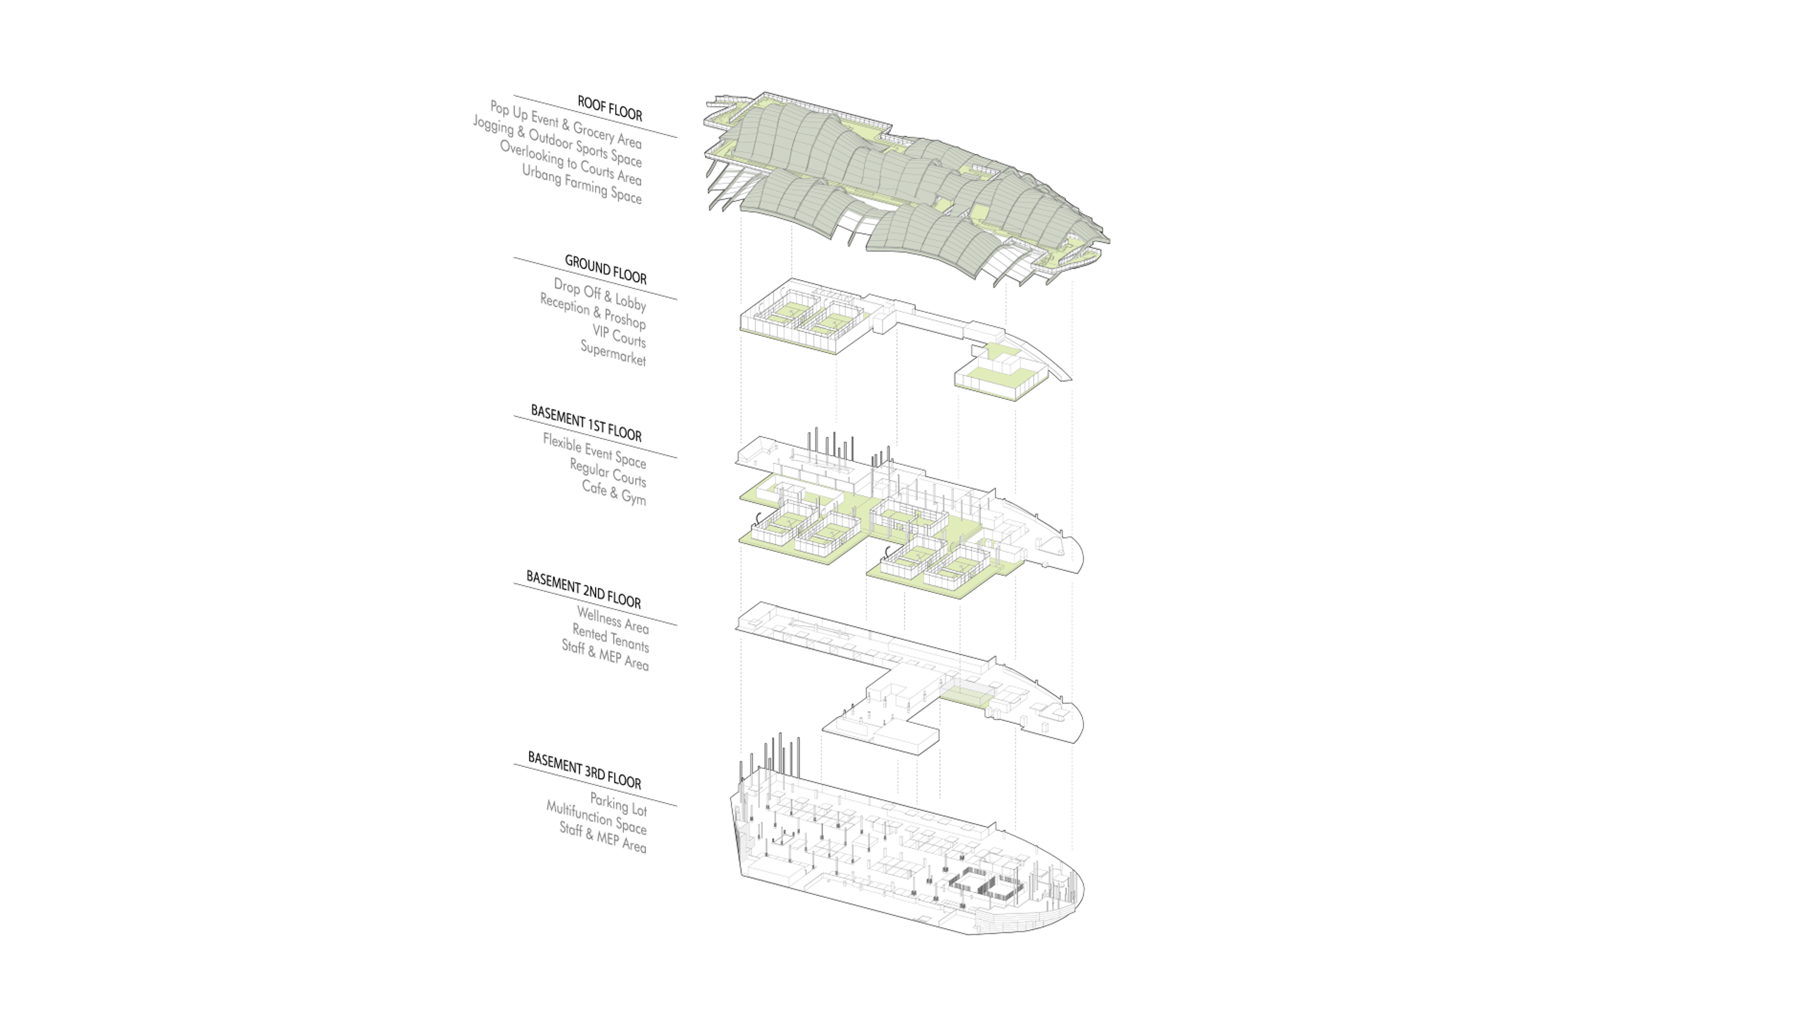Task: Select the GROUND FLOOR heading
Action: click(x=605, y=269)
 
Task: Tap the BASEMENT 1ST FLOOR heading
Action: click(x=586, y=423)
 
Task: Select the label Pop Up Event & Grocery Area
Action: click(x=565, y=124)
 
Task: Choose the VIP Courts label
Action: click(x=619, y=335)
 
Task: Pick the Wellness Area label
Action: click(x=612, y=620)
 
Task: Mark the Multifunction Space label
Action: click(x=596, y=818)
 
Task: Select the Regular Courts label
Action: click(x=608, y=472)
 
